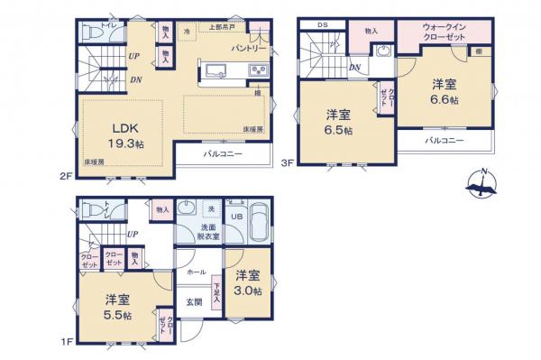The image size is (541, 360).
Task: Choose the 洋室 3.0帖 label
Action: tap(249, 283)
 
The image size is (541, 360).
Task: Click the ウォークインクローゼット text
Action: tap(443, 33)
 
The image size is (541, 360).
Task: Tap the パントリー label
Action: tap(244, 47)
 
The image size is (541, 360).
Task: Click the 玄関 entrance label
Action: tap(194, 301)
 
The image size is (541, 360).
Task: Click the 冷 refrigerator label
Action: tap(187, 32)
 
